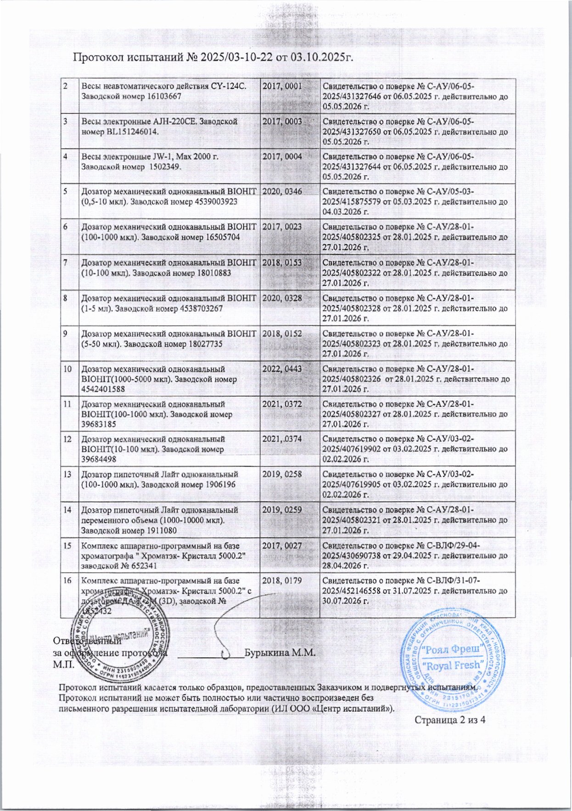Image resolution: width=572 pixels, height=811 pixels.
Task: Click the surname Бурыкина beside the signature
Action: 264,653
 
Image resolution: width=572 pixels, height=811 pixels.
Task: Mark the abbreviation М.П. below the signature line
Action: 62,663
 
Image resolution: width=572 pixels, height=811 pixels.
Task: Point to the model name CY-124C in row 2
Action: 229,86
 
